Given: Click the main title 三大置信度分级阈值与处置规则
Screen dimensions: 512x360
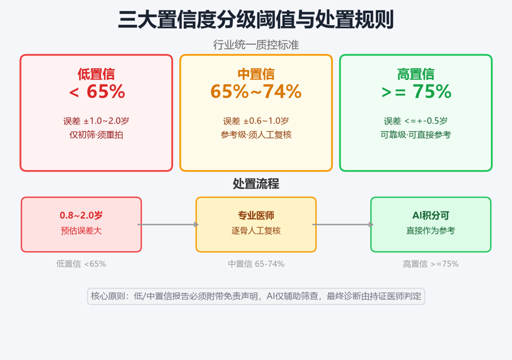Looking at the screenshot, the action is [x=255, y=20].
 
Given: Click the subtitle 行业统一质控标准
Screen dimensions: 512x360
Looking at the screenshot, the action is [x=256, y=45].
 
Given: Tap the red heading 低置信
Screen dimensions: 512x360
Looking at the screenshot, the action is [x=96, y=74].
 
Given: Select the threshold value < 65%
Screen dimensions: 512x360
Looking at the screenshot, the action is [x=97, y=92].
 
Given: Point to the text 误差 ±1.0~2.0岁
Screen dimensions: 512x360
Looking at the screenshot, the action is [x=96, y=121].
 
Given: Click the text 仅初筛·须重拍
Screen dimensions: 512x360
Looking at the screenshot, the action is [x=96, y=135].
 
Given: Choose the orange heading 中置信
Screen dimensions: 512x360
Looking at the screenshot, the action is [x=256, y=74].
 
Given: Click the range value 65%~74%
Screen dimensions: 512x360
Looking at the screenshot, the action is [x=256, y=92].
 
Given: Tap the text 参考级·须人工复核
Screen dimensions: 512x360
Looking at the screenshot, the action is [x=256, y=135].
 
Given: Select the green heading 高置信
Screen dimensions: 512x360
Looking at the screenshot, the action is [x=416, y=74].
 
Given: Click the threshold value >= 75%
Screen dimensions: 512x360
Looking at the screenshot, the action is [x=416, y=92].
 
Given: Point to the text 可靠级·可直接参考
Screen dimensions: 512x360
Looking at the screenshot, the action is [x=416, y=135].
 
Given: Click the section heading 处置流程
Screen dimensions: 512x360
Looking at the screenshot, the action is [x=256, y=184].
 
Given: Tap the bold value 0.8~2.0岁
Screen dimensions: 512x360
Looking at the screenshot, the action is [x=81, y=216].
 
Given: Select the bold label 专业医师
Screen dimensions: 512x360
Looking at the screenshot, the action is [x=256, y=216].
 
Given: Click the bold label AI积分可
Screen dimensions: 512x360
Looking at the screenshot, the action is [x=431, y=216].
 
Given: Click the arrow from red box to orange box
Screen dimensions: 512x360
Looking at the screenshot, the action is [x=168, y=225].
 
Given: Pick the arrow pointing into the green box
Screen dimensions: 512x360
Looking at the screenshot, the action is [x=343, y=225].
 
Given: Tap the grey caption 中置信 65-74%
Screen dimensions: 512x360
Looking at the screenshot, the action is [x=256, y=264].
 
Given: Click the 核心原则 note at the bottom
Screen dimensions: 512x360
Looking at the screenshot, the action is [x=256, y=296].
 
